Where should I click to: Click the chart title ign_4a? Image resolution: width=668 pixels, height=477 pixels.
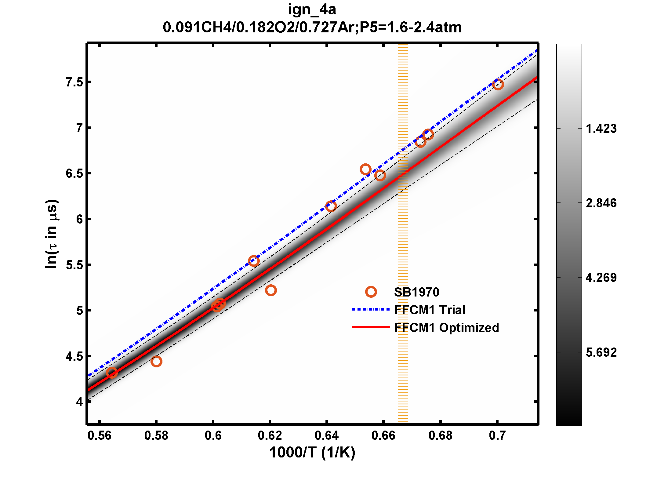click(312, 10)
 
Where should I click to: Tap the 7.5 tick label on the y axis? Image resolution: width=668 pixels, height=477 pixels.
click(74, 82)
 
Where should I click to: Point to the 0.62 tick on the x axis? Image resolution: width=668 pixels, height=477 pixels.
click(270, 435)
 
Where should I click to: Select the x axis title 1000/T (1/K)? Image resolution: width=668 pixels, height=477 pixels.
click(312, 452)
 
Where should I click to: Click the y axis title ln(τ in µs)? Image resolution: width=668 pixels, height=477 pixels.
click(52, 234)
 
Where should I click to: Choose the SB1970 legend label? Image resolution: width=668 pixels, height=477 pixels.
click(416, 292)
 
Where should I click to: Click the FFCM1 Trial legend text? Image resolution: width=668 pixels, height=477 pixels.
click(430, 310)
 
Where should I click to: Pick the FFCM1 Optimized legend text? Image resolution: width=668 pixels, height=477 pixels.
click(446, 328)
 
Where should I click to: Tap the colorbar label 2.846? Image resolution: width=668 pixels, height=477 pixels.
click(601, 203)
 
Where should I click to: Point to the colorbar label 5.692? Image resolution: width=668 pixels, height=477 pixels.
click(601, 352)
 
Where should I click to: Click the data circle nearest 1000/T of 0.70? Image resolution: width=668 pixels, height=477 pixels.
click(498, 84)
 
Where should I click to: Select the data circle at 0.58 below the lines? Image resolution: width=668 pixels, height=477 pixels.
click(156, 361)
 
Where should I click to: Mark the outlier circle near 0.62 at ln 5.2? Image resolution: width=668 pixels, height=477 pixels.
click(271, 290)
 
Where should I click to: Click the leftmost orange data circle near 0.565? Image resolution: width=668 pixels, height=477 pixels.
click(112, 373)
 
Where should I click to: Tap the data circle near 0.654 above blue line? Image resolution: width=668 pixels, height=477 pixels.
click(365, 169)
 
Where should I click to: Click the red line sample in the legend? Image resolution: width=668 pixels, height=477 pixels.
click(370, 327)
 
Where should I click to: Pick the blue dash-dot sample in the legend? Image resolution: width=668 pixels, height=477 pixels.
click(370, 309)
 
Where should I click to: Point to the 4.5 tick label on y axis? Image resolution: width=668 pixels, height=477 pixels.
click(74, 356)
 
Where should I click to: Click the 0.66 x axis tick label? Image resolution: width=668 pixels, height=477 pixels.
click(383, 435)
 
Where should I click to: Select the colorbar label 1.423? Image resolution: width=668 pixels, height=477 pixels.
click(601, 129)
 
